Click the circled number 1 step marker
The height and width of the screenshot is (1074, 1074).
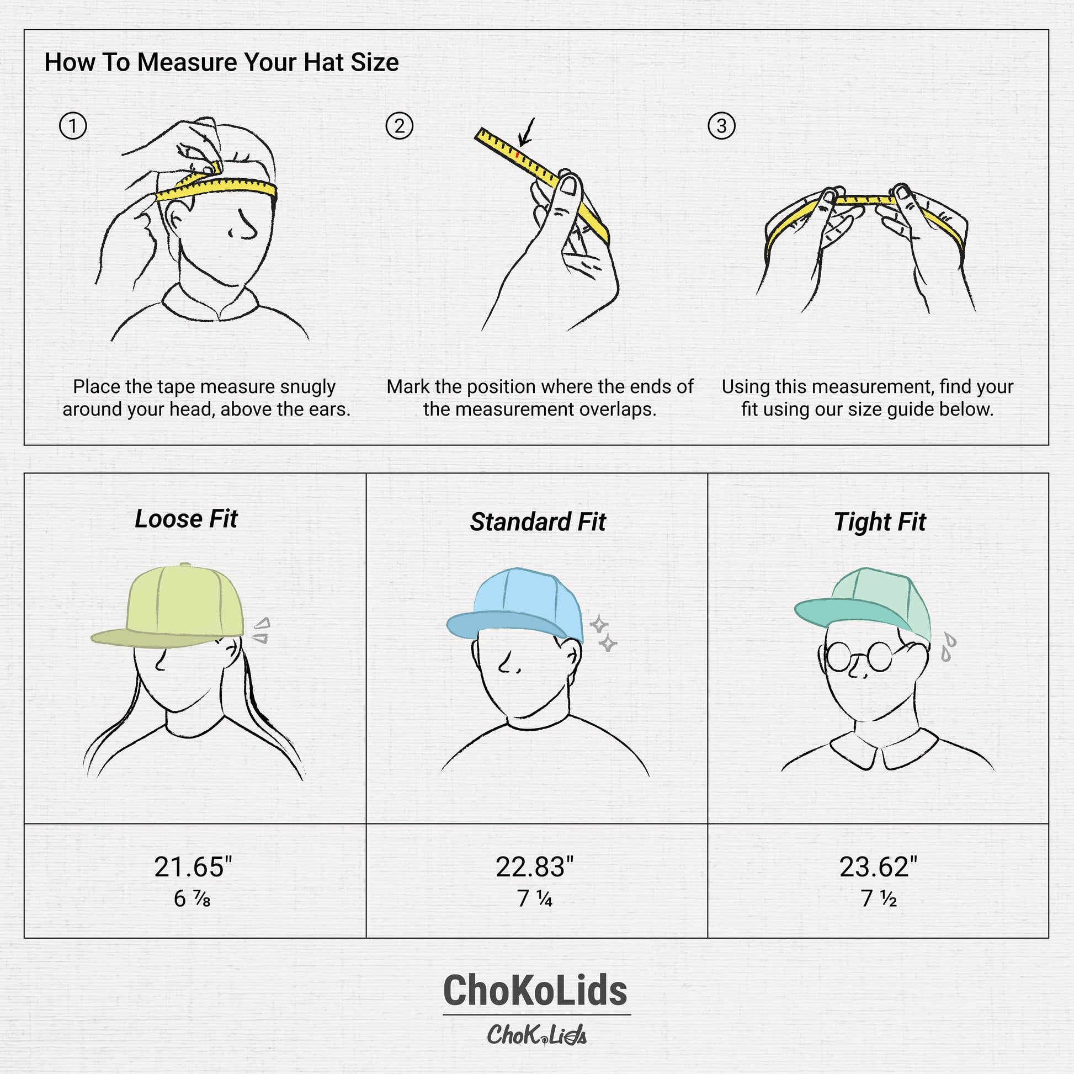point(73,126)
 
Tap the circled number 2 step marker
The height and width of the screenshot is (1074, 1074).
point(399,126)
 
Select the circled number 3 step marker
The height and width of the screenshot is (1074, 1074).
point(721,126)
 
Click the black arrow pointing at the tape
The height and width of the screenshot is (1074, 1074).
point(526,132)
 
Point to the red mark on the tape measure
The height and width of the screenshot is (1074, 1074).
point(518,155)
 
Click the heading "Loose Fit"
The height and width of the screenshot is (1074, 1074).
point(185,519)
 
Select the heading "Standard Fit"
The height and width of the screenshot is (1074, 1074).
point(538,522)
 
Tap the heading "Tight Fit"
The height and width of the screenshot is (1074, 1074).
point(879,522)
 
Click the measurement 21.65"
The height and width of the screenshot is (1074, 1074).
point(193,866)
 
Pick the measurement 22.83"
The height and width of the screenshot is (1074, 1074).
point(534,866)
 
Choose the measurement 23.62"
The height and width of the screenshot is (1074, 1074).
point(878,866)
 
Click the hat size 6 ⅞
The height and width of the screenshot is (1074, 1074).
point(192,899)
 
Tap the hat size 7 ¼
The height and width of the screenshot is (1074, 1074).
point(534,899)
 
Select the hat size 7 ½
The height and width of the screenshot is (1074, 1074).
point(878,899)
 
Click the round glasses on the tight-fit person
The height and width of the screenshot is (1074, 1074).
point(858,657)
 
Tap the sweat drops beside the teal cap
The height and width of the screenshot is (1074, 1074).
point(947,646)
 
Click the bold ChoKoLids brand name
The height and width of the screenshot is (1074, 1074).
point(536,991)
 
